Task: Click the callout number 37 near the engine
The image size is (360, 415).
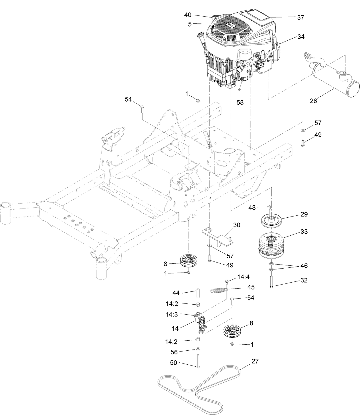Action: [300, 17]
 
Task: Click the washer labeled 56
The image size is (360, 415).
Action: [198, 349]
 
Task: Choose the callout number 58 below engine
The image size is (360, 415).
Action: [240, 102]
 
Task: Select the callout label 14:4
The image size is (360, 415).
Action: [243, 277]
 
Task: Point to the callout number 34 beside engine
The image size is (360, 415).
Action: [300, 37]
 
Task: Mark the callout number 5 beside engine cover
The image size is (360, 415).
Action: [190, 24]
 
